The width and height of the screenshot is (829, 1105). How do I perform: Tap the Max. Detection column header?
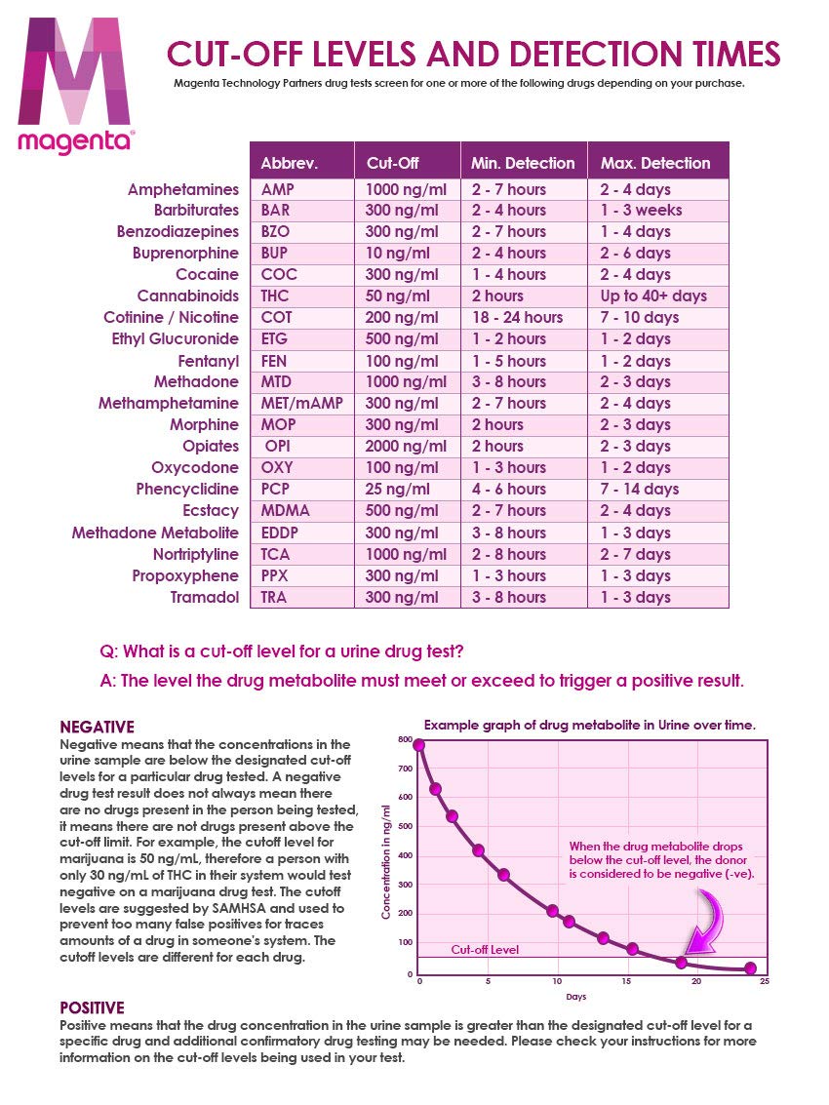(x=655, y=163)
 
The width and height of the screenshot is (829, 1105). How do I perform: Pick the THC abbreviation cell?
(x=276, y=296)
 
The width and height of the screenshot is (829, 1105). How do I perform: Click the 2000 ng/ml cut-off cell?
(x=406, y=446)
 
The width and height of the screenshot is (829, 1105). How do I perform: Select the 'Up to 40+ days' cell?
(x=653, y=296)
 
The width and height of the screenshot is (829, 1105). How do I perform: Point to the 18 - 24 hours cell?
(x=517, y=317)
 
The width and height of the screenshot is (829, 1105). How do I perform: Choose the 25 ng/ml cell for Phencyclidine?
(x=398, y=489)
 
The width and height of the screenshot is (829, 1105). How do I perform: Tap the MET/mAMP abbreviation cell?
(x=301, y=403)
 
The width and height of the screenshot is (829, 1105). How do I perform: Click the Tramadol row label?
(x=205, y=597)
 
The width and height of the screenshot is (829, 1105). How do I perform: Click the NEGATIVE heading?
(x=98, y=727)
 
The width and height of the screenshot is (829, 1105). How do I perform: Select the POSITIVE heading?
(x=93, y=1007)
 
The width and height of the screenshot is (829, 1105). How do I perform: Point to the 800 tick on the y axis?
(x=405, y=739)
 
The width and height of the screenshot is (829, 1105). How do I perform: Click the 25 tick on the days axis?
(x=764, y=981)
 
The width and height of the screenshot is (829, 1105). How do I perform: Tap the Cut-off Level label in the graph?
(x=485, y=949)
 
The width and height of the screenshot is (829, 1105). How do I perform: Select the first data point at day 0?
(x=419, y=745)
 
